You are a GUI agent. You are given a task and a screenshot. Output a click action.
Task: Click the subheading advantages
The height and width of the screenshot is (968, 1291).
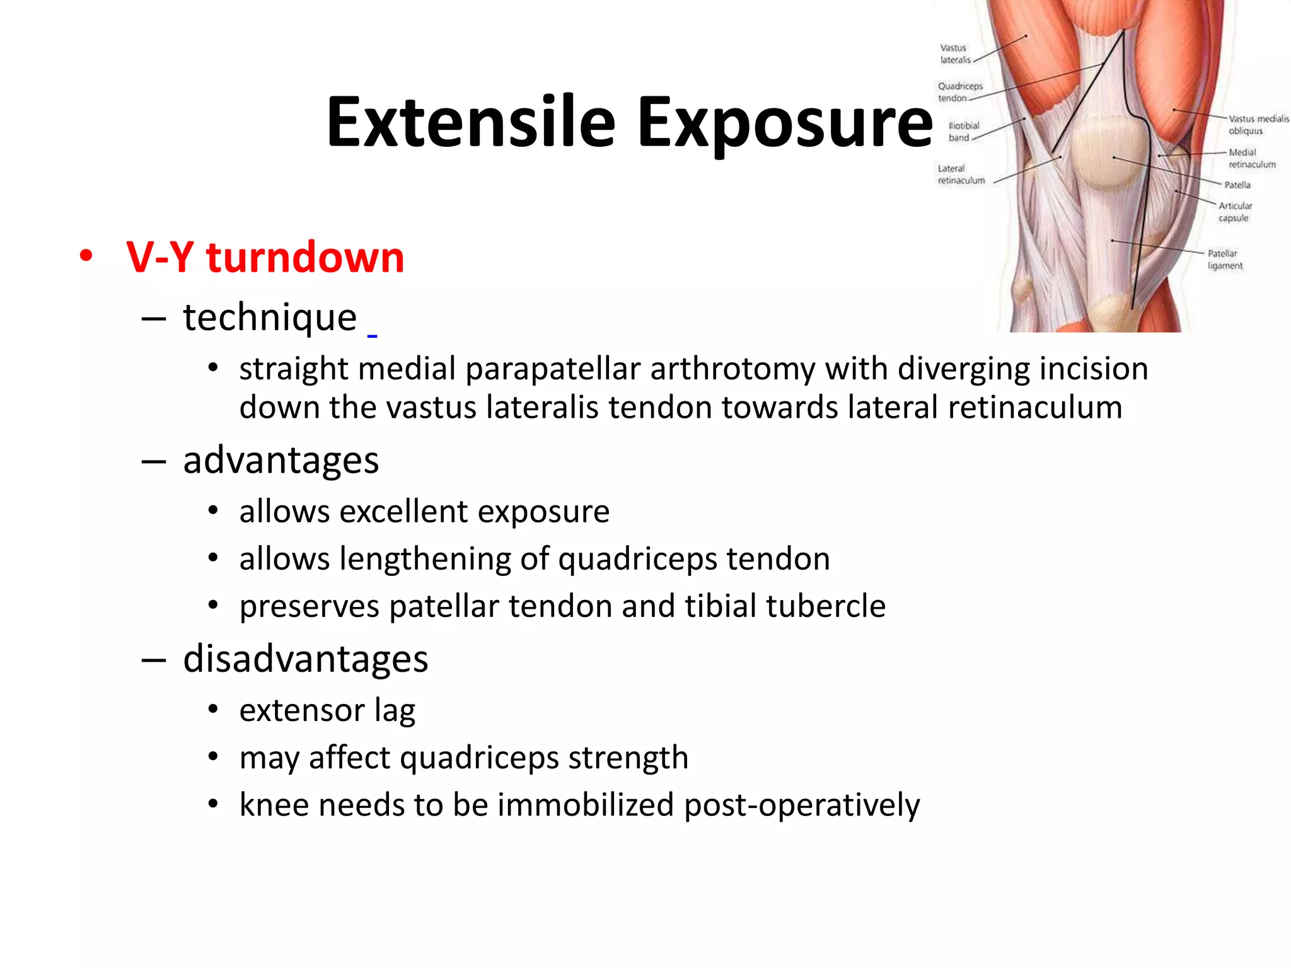click(281, 460)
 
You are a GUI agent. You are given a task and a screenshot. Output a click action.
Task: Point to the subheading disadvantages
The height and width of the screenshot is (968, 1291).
click(305, 659)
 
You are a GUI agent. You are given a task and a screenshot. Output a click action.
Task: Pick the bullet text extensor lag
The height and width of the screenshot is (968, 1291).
click(327, 710)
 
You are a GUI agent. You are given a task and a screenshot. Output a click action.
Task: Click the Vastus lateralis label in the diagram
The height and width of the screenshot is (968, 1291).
click(954, 54)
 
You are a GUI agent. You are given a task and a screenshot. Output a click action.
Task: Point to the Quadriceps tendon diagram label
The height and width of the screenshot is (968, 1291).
click(959, 92)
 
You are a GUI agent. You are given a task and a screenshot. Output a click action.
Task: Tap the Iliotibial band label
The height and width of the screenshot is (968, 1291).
click(963, 132)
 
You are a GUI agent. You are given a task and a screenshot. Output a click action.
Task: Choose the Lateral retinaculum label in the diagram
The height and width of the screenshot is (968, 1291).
click(961, 175)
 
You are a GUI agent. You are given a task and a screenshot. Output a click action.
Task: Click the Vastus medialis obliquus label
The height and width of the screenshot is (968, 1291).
click(1257, 125)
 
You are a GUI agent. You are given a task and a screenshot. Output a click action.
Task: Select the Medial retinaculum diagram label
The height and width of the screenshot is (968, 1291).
click(1251, 158)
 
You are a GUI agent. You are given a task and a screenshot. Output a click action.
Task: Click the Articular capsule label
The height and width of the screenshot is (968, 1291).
click(1234, 212)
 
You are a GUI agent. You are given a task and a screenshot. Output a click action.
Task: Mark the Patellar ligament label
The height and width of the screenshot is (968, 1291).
click(1224, 260)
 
